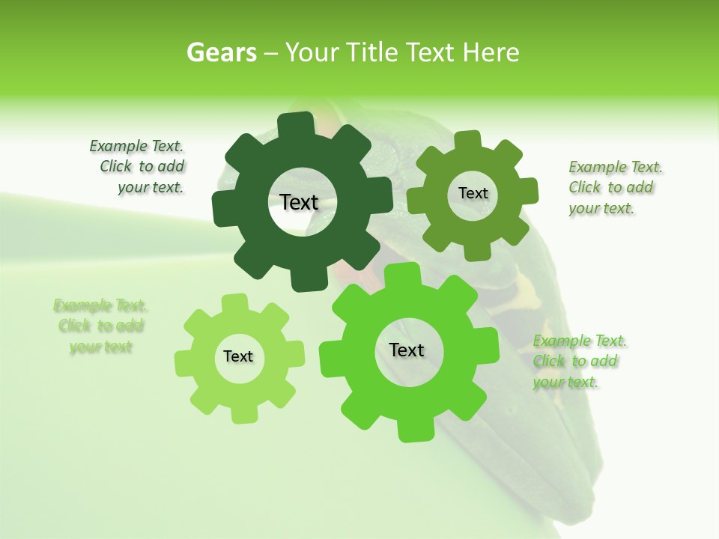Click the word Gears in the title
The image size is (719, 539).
pyautogui.click(x=221, y=53)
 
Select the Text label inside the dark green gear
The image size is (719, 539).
pyautogui.click(x=299, y=202)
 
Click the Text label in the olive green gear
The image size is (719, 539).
pyautogui.click(x=473, y=193)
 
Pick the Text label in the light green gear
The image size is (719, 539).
pyautogui.click(x=238, y=356)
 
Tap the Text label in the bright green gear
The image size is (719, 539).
pyautogui.click(x=407, y=350)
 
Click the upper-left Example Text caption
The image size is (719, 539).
pyautogui.click(x=139, y=167)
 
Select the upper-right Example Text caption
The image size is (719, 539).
pyautogui.click(x=614, y=187)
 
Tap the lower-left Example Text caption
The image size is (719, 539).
pyautogui.click(x=100, y=326)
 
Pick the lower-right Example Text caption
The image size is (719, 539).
pyautogui.click(x=578, y=362)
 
